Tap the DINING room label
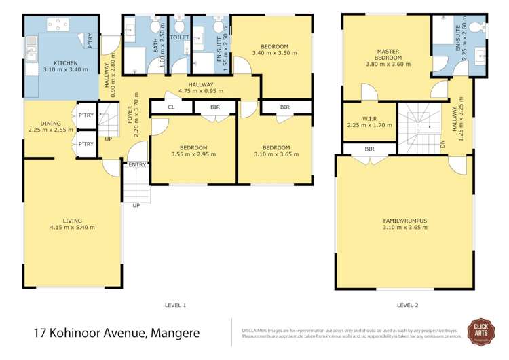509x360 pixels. coord(50,123)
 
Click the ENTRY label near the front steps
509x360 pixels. coord(136,164)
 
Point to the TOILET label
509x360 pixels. coord(179,38)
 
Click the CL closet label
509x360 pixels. coord(171,107)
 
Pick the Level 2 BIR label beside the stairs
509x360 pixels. coord(369,149)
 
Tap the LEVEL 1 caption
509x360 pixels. coord(175,305)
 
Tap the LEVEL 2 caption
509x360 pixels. coord(407,305)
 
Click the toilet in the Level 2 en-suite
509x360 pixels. coord(478,27)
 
